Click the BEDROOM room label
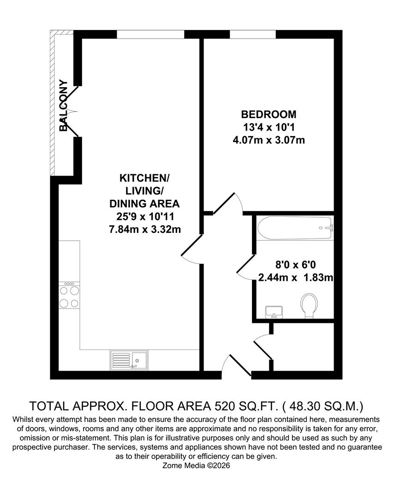pos(269,114)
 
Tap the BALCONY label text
pos(64,106)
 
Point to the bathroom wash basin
pos(274,312)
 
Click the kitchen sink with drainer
pos(129,360)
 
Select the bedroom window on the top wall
pos(253,34)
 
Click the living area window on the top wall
pos(150,34)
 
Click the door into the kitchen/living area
pos(190,249)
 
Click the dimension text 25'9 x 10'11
pos(144,216)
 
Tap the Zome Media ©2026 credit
pos(196,466)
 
